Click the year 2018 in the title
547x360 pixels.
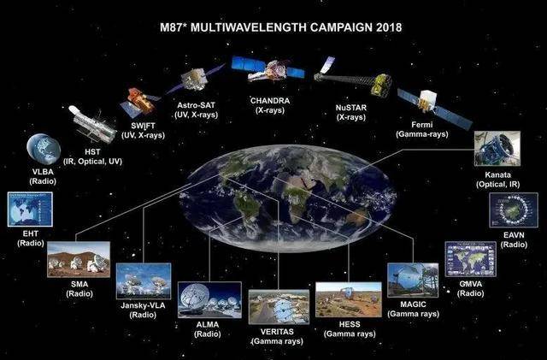[389, 27]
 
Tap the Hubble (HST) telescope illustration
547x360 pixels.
[93, 125]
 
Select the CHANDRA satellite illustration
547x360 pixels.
[268, 69]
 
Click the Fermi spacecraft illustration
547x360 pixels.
[433, 106]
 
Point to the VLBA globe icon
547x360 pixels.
[44, 149]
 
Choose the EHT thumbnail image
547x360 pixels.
[30, 210]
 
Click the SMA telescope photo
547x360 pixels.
[79, 259]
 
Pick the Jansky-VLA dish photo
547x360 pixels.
[144, 281]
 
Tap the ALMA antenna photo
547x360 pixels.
[209, 300]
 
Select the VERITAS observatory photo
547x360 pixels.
[279, 307]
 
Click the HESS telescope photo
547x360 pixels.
[349, 300]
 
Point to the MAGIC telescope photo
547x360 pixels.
[413, 280]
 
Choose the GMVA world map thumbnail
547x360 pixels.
[470, 259]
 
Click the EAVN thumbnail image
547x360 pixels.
[514, 210]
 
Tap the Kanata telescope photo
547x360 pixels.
[497, 149]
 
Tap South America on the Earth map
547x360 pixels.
[248, 210]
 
